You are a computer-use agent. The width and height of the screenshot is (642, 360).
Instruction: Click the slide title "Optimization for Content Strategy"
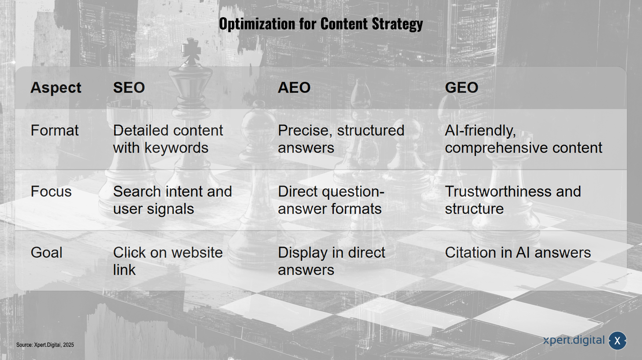pyautogui.click(x=321, y=24)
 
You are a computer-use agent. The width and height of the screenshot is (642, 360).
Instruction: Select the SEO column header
pyautogui.click(x=129, y=87)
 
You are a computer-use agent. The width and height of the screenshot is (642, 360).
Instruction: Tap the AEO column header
pyautogui.click(x=294, y=87)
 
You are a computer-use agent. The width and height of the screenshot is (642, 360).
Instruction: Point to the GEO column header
pyautogui.click(x=461, y=87)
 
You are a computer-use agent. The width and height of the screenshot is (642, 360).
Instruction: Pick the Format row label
pyautogui.click(x=55, y=131)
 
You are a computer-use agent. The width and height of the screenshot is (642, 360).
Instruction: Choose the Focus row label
pyautogui.click(x=51, y=191)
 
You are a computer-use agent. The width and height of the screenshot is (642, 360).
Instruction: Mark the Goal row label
pyautogui.click(x=46, y=253)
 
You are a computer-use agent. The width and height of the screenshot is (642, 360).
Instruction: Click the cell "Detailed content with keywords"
pyautogui.click(x=168, y=139)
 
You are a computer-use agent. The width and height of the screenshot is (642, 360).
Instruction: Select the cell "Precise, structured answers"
pyautogui.click(x=341, y=139)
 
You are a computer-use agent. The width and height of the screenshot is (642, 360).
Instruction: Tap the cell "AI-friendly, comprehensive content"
pyautogui.click(x=523, y=139)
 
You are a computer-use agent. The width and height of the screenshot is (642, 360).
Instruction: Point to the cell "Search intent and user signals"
pyautogui.click(x=172, y=200)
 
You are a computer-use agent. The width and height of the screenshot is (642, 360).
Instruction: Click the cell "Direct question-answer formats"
pyautogui.click(x=331, y=200)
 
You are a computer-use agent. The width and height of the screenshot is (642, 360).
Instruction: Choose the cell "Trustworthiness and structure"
pyautogui.click(x=513, y=200)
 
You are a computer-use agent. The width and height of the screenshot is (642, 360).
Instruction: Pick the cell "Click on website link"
pyautogui.click(x=168, y=261)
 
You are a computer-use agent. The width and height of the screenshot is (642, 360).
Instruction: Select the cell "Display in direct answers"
pyautogui.click(x=331, y=261)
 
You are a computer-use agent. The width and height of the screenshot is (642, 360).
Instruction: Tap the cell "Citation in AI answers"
pyautogui.click(x=518, y=253)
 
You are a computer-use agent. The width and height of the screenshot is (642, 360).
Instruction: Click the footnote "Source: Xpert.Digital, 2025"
pyautogui.click(x=45, y=345)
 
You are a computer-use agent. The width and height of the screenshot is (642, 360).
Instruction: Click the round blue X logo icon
pyautogui.click(x=617, y=341)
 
